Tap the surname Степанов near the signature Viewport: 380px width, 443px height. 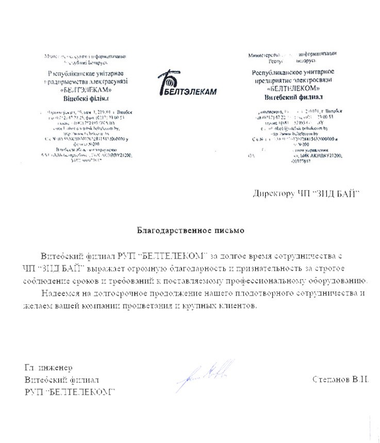coord(329,380)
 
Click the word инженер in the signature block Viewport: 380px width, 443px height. coord(56,368)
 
